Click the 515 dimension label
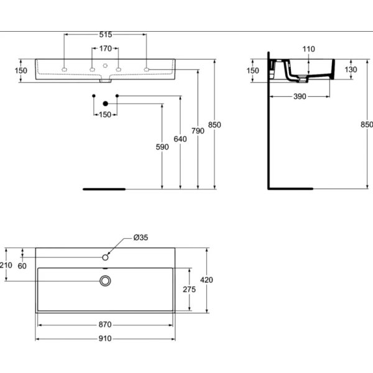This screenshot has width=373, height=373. [x=106, y=35]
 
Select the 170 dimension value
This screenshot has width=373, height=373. [x=106, y=48]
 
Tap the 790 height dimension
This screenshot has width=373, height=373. [x=198, y=131]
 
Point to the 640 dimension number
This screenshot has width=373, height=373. [x=180, y=139]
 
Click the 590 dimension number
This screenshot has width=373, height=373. [x=162, y=147]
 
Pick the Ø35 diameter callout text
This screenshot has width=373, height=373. [x=140, y=237]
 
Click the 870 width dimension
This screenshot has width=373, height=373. [x=105, y=325]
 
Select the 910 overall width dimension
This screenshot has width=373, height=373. [x=105, y=339]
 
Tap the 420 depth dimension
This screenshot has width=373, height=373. [x=206, y=280]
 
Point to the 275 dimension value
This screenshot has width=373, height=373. [x=190, y=290]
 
